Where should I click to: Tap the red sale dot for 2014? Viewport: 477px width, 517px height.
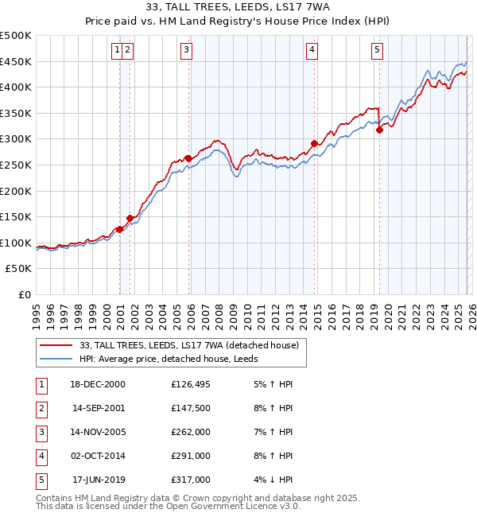[314, 143]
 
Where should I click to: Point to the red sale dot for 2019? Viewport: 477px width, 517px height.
[380, 130]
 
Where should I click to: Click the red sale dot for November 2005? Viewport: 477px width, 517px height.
[188, 158]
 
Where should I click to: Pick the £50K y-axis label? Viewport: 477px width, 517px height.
[19, 269]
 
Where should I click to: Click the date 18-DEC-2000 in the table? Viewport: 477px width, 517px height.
[97, 384]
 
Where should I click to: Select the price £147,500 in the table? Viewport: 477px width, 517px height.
[190, 408]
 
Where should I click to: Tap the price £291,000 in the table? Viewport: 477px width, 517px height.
[190, 456]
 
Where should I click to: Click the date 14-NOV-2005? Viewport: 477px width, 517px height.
[97, 432]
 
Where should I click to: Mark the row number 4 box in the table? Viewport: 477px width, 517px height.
[40, 456]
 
